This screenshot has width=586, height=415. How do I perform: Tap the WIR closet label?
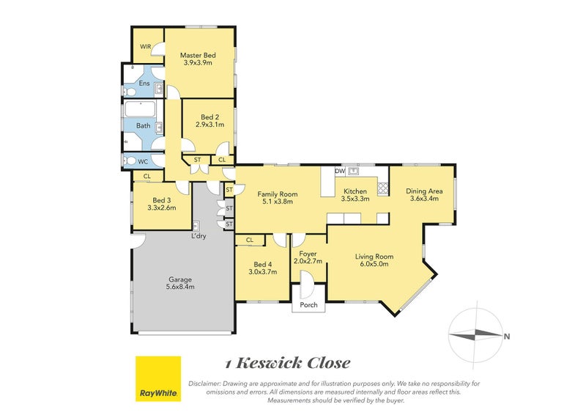(145, 45)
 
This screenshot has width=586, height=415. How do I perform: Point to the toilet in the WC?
(130, 161)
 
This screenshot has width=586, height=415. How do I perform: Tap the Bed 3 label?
(161, 200)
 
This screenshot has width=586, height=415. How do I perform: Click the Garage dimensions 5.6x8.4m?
(181, 287)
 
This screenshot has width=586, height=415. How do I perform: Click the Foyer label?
(308, 254)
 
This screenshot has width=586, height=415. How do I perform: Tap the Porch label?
(309, 305)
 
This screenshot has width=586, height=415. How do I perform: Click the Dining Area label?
(423, 191)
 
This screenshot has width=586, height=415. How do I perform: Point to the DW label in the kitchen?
(339, 171)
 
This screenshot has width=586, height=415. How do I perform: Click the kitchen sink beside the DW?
(353, 172)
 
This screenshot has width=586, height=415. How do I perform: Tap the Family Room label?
(275, 194)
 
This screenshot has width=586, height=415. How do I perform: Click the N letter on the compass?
(507, 337)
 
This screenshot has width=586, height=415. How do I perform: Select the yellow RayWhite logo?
(157, 379)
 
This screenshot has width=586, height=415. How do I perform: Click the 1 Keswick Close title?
(287, 363)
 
